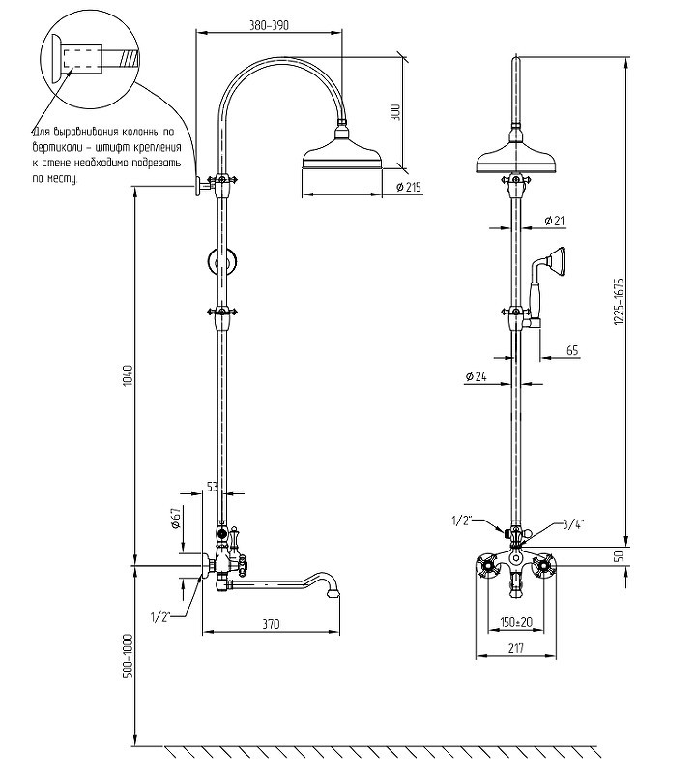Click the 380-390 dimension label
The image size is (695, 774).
[269, 25]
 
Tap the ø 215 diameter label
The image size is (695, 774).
[408, 187]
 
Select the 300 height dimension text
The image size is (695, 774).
[395, 112]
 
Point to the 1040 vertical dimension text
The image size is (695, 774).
[129, 375]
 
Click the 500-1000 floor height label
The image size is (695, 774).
[129, 655]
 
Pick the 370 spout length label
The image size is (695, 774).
[271, 624]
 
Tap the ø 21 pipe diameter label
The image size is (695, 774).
[555, 221]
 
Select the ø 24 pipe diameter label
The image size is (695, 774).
[476, 376]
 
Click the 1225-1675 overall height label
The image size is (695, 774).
[619, 301]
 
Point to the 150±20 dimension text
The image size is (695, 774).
[516, 621]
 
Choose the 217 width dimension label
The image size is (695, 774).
[516, 648]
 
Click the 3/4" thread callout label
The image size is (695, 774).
[572, 524]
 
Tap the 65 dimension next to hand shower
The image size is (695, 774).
[572, 350]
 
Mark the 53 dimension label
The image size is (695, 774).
[212, 487]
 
